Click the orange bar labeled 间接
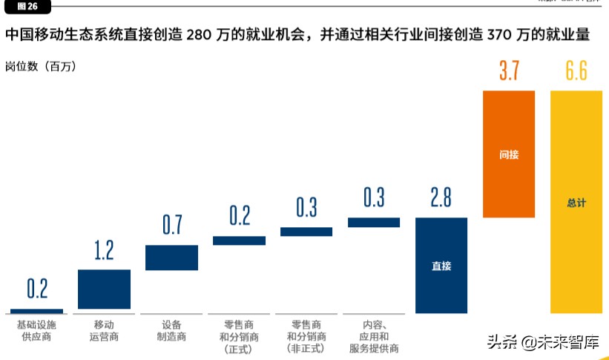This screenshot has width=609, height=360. (509, 154)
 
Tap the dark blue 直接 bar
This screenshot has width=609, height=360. (441, 265)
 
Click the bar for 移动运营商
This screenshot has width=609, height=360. (105, 289)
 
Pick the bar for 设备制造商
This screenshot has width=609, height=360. (171, 258)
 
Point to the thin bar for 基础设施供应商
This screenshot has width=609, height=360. (37, 311)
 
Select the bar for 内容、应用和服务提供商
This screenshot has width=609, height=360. (374, 222)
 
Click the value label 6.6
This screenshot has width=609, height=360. (576, 72)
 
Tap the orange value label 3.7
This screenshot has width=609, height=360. (509, 72)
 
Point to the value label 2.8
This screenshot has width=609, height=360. (441, 198)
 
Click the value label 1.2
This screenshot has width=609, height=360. (105, 251)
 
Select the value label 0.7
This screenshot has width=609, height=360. (171, 226)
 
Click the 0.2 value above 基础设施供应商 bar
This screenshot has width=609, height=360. (37, 289)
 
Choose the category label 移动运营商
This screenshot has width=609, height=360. (105, 331)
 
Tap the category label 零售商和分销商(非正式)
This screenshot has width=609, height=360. (306, 336)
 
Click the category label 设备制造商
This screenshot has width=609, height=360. (171, 331)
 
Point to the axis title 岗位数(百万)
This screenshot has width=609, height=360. (40, 66)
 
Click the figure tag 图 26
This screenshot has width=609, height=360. (27, 6)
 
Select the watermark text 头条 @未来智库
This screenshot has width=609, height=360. (542, 342)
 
